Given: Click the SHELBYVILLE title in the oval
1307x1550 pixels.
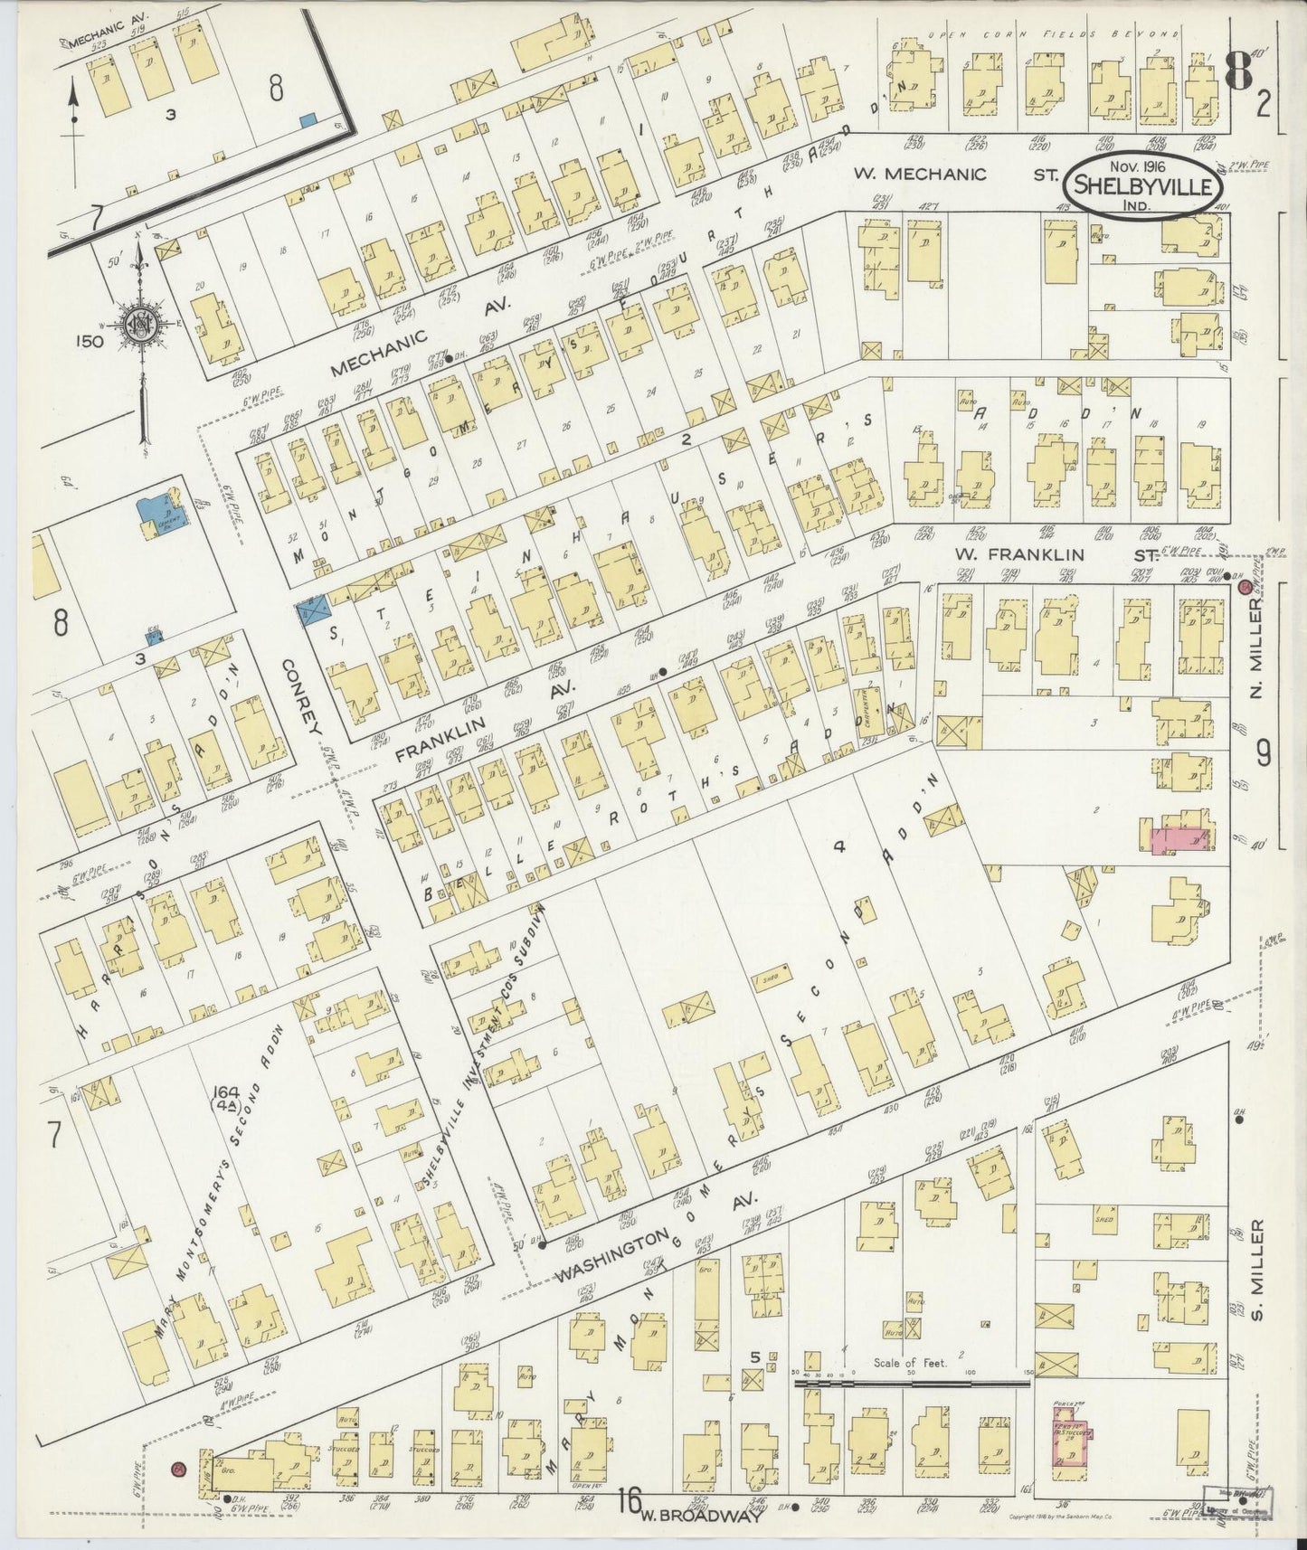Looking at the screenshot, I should tap(1145, 188).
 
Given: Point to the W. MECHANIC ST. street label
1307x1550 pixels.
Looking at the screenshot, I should tap(959, 173).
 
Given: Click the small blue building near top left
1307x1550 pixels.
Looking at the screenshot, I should tap(308, 118).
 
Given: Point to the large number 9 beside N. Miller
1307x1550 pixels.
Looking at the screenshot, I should tap(1263, 752).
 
